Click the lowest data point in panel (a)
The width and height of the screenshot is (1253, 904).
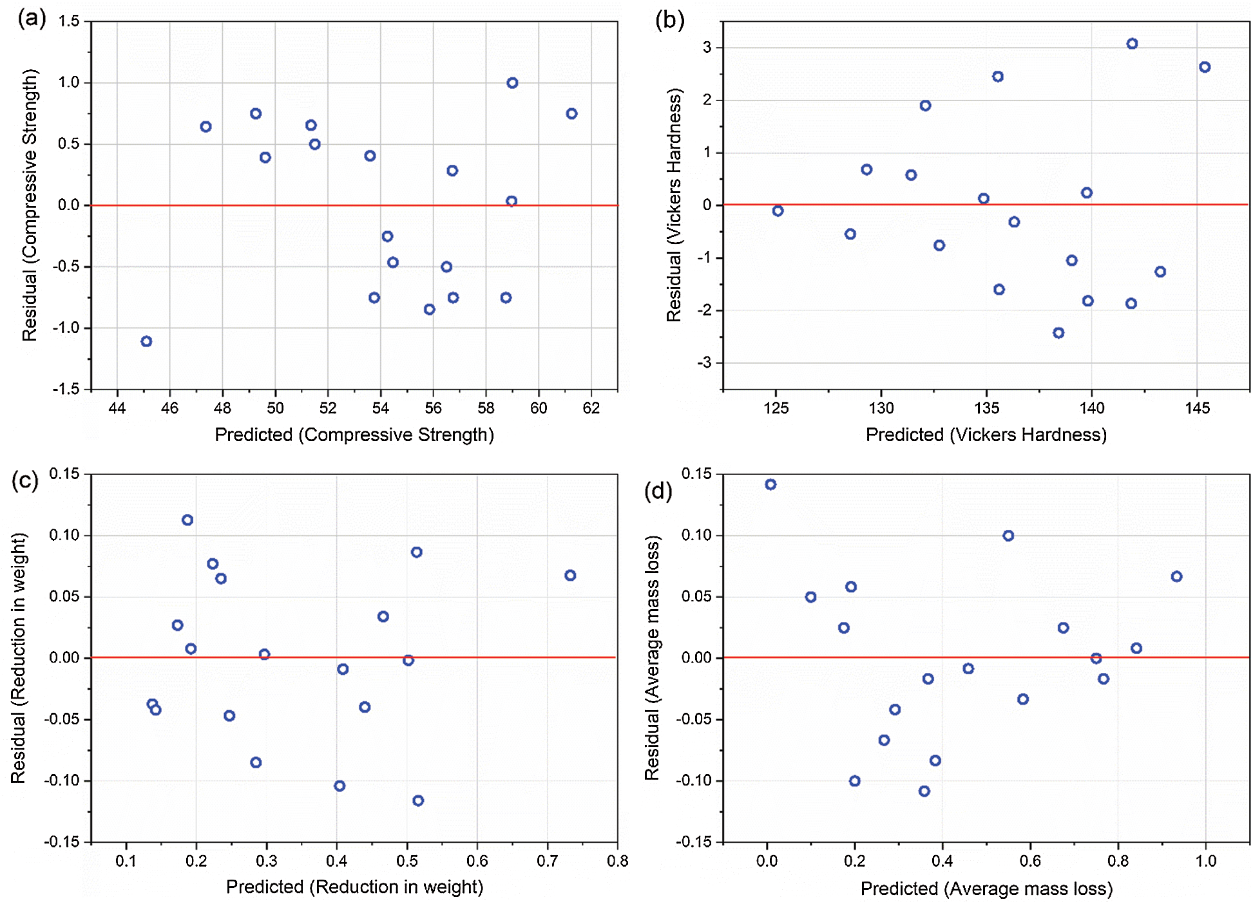[x=146, y=341]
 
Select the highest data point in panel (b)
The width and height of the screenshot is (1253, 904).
[x=1132, y=44]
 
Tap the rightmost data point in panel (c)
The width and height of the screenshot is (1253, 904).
[x=570, y=576]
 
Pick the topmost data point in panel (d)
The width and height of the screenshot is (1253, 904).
[x=770, y=485]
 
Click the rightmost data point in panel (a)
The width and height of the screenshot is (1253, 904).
[x=571, y=114]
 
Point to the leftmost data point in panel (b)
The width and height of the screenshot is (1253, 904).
[x=778, y=211]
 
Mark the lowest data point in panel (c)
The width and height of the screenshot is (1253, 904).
[x=418, y=801]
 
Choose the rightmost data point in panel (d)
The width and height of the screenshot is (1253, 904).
[x=1176, y=577]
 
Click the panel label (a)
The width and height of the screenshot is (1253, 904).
[x=32, y=19]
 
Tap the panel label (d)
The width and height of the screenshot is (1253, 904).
[x=658, y=491]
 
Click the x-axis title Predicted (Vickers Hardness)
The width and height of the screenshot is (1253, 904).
[x=986, y=435]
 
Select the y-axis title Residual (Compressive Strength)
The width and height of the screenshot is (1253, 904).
[x=30, y=205]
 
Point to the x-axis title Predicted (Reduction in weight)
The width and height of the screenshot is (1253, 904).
[x=354, y=887]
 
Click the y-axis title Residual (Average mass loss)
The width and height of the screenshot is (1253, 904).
[x=652, y=657]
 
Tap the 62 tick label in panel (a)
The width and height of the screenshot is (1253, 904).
[x=591, y=408]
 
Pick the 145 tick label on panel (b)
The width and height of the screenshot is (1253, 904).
[x=1197, y=408]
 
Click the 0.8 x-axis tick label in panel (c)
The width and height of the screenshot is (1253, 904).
[x=617, y=861]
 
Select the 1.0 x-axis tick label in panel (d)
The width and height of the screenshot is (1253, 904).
[x=1206, y=861]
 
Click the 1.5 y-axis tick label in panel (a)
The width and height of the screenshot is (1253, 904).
[x=69, y=21]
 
